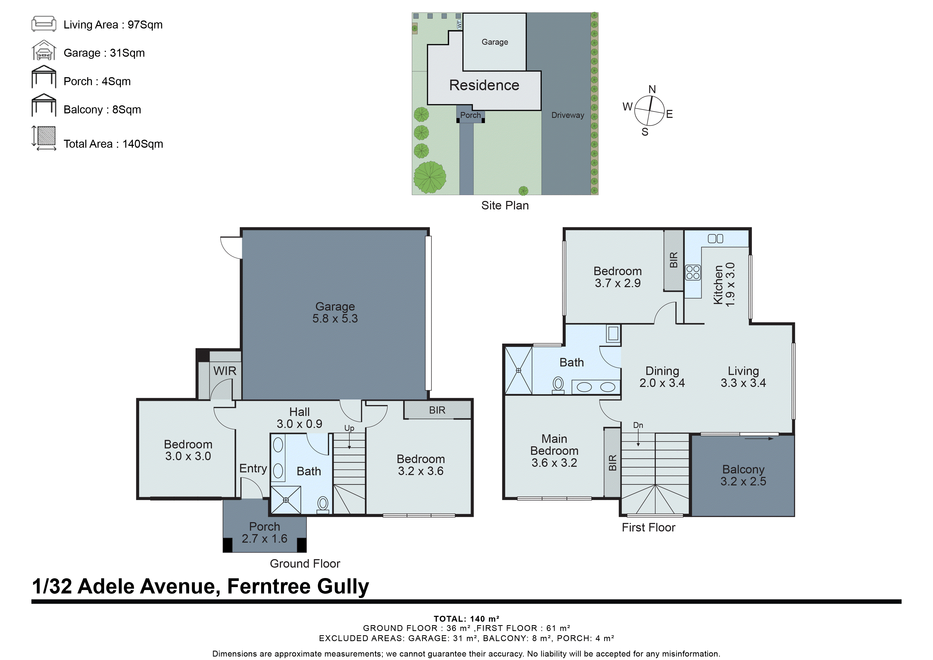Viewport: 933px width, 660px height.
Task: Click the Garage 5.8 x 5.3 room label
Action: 335,312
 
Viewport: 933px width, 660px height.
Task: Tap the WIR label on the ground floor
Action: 225,371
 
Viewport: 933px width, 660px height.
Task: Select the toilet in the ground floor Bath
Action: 323,504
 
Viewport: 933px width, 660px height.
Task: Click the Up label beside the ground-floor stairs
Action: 349,428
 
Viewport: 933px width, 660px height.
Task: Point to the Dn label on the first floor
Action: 638,425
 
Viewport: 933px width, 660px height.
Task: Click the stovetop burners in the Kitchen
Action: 693,272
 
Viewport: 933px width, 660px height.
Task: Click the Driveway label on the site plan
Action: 567,115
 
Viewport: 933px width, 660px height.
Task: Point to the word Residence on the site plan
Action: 484,85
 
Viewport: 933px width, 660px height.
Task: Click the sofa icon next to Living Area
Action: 43,24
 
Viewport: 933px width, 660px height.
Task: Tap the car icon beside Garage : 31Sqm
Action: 43,52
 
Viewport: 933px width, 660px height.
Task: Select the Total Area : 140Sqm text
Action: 113,144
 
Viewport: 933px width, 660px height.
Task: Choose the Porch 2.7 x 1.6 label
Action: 264,532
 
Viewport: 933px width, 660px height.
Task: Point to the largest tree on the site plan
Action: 430,177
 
